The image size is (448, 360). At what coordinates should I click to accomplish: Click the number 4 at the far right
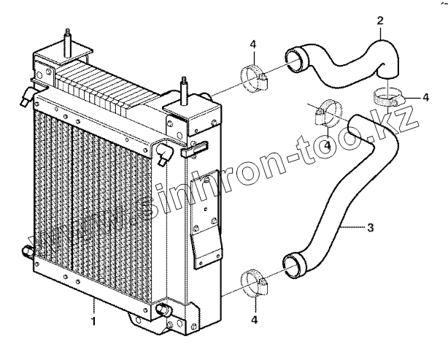point(425,96)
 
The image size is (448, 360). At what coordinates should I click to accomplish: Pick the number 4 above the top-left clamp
point(252,45)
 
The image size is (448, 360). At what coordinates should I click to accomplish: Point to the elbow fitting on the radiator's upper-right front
point(164,153)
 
